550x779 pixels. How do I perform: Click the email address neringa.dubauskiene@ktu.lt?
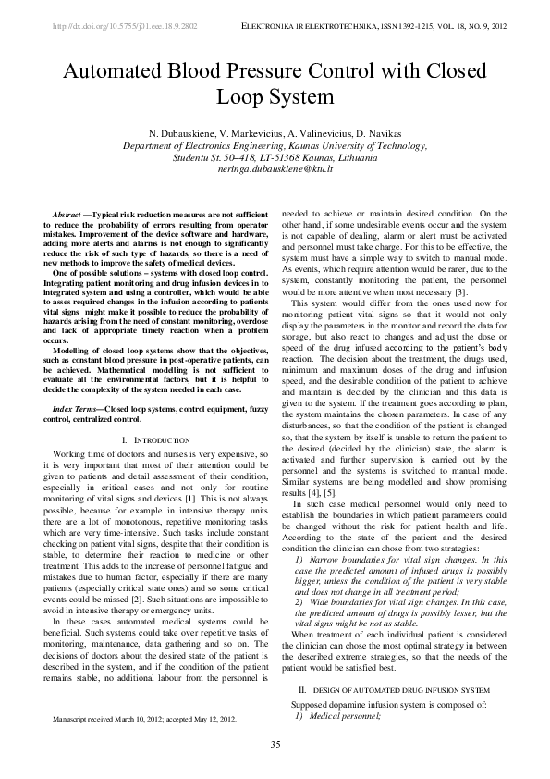tap(274, 170)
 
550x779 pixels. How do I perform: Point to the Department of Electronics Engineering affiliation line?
tap(274, 146)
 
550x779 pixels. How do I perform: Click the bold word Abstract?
tap(71, 214)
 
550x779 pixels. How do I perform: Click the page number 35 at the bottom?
tap(275, 746)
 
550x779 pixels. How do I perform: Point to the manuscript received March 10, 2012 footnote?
tap(149, 717)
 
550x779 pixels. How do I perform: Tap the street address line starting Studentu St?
tap(274, 158)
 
